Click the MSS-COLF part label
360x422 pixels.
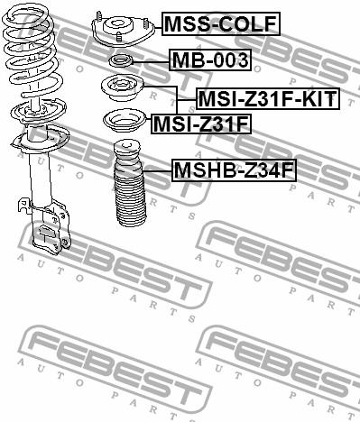221,24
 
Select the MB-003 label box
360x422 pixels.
210,60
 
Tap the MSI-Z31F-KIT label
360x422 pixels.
268,98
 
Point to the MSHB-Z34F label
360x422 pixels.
235,170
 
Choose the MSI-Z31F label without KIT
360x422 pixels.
201,124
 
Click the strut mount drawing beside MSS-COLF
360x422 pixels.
123,30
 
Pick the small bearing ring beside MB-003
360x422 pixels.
120,61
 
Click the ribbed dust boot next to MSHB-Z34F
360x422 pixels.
129,183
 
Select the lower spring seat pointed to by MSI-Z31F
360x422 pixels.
125,121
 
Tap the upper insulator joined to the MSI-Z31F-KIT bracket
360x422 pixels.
123,88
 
